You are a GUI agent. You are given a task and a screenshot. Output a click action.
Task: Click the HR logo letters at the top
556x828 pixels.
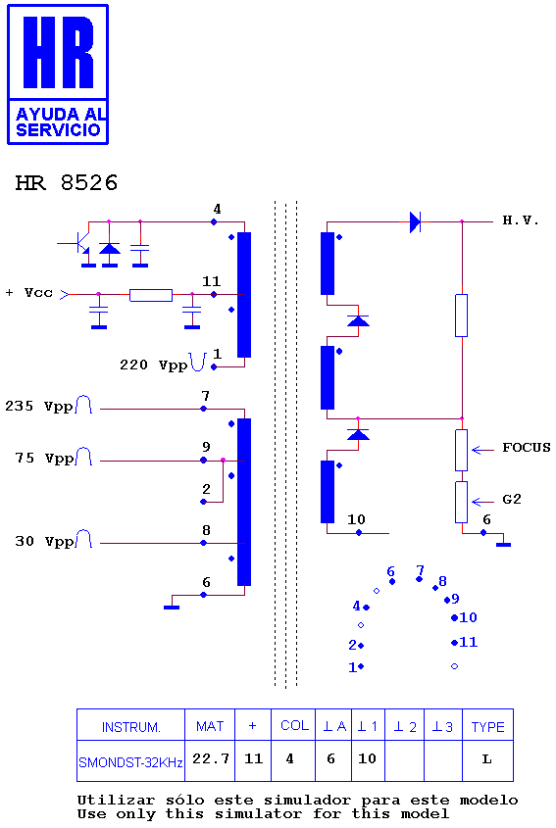pyautogui.click(x=58, y=52)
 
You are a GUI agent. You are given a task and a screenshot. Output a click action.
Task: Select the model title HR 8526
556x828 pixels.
pyautogui.click(x=67, y=182)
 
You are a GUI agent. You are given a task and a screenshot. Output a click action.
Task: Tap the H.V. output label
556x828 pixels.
pyautogui.click(x=521, y=220)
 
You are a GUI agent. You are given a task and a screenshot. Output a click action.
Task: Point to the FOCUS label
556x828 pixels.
pyautogui.click(x=527, y=448)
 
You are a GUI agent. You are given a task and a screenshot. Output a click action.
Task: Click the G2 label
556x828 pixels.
pyautogui.click(x=512, y=499)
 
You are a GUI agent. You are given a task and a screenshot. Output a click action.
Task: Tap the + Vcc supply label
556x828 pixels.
pyautogui.click(x=29, y=292)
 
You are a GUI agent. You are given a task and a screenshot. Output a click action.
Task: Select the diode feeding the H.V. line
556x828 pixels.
pyautogui.click(x=416, y=221)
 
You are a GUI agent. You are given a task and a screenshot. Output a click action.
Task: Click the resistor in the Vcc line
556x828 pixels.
pyautogui.click(x=151, y=295)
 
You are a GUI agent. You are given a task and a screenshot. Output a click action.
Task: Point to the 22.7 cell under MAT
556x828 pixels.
pyautogui.click(x=211, y=758)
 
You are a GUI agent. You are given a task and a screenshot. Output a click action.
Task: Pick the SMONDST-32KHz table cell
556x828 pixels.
pyautogui.click(x=130, y=762)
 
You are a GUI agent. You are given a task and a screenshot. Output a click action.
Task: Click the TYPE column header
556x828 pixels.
pyautogui.click(x=487, y=727)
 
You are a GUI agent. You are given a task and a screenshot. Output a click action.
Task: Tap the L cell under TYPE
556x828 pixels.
pyautogui.click(x=487, y=759)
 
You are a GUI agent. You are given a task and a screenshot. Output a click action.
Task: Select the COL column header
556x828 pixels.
pyautogui.click(x=294, y=725)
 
